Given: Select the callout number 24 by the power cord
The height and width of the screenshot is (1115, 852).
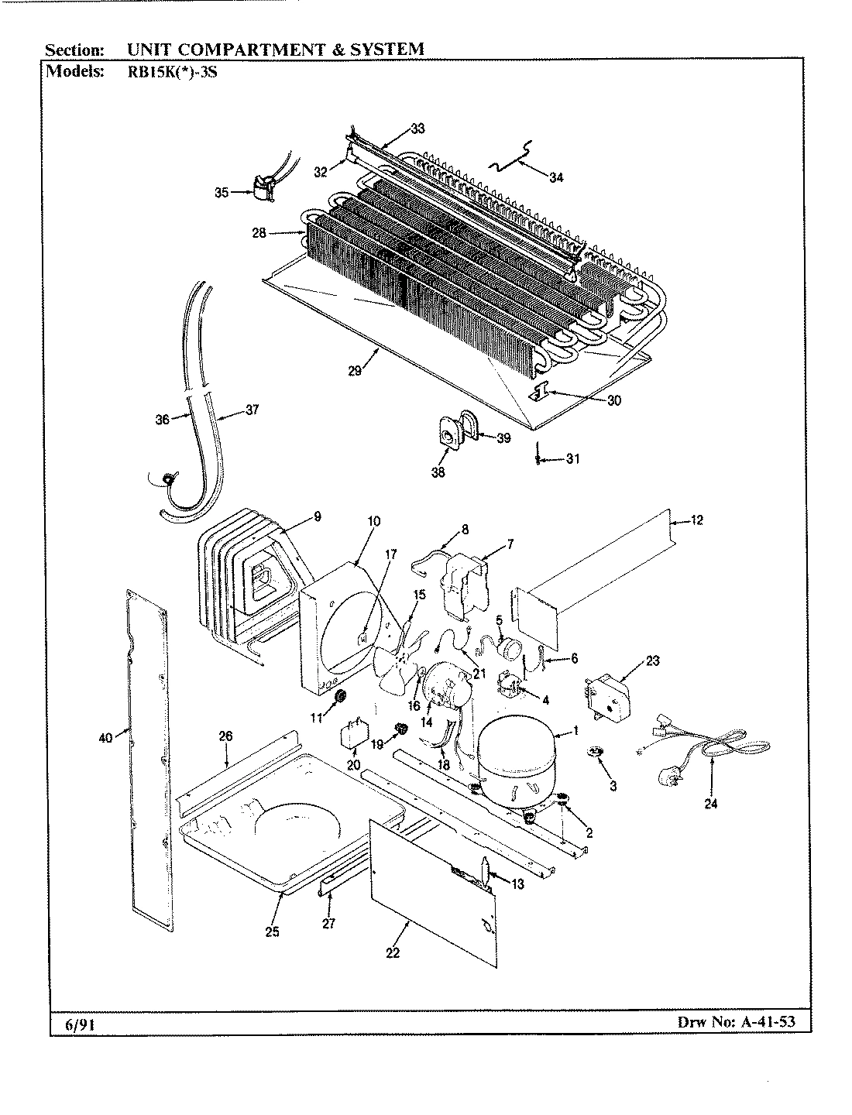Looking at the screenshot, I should pyautogui.click(x=710, y=804).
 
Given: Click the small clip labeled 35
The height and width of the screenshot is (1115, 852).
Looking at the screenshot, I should pyautogui.click(x=260, y=191).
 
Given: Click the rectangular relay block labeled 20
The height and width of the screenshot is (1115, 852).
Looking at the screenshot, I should pyautogui.click(x=354, y=736).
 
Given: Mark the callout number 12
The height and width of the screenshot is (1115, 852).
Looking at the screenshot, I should pyautogui.click(x=696, y=520).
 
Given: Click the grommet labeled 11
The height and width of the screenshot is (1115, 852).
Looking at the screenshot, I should pyautogui.click(x=338, y=699).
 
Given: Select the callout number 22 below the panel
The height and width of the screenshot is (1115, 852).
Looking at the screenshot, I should pyautogui.click(x=393, y=952).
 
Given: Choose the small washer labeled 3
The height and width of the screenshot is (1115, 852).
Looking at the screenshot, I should pyautogui.click(x=595, y=752).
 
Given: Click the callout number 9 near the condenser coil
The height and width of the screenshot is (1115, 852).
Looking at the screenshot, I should pyautogui.click(x=318, y=516).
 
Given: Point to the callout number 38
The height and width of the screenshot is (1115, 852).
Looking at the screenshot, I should pyautogui.click(x=438, y=472).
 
